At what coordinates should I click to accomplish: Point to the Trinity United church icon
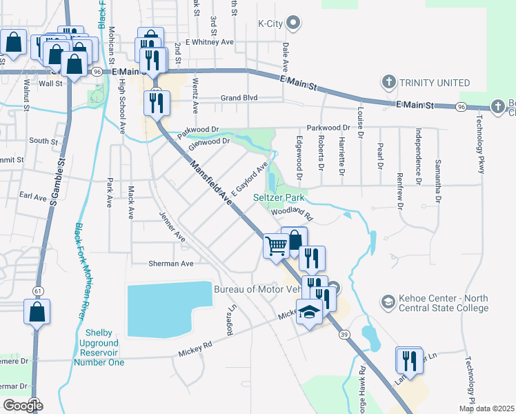pos(388,82)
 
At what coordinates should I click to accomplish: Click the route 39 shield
pos(344,334)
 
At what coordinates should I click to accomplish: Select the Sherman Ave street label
pos(171,264)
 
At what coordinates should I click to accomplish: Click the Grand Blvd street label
pos(239,98)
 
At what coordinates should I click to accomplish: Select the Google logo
pos(23,405)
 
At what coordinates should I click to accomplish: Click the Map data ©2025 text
pos(486,408)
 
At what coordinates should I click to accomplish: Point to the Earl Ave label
pos(33,197)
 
